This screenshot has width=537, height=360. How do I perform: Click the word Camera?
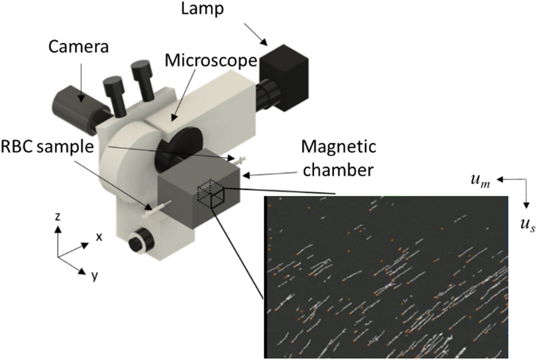tap(79, 47)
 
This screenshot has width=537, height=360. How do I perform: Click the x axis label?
tap(99, 236)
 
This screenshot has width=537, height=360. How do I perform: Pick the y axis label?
tap(94, 276)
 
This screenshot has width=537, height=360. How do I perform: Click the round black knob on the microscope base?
tap(141, 239)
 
